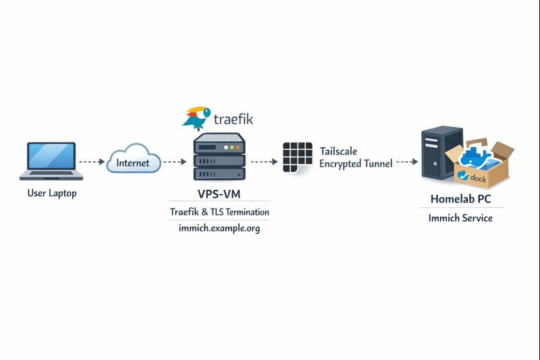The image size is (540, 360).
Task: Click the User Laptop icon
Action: [52, 161]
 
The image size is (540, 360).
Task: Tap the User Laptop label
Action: [52, 193]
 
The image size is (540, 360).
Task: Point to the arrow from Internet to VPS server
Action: [174, 162]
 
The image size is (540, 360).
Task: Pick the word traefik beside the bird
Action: [233, 120]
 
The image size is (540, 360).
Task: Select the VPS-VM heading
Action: [219, 194]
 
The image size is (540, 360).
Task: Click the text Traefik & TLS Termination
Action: [219, 212]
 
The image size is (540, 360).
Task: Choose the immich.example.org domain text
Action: [219, 228]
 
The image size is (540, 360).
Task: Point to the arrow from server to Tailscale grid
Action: [264, 162]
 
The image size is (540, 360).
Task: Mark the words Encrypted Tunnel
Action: [356, 163]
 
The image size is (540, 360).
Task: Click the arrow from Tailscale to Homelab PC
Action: [404, 162]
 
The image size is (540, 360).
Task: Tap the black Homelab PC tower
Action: [438, 154]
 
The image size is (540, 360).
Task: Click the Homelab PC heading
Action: [461, 199]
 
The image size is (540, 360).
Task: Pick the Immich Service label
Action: [461, 218]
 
